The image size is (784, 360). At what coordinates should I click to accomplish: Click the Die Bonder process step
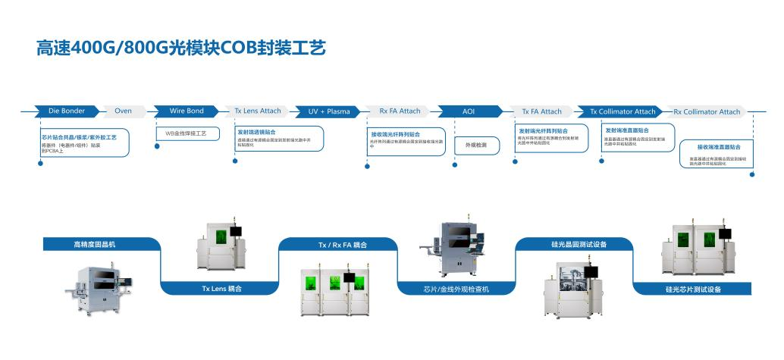click(x=67, y=111)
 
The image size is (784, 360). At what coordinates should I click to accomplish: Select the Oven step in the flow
click(x=123, y=111)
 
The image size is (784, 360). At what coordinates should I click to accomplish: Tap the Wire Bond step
click(x=187, y=111)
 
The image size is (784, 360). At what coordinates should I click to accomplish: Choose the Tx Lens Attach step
click(x=258, y=111)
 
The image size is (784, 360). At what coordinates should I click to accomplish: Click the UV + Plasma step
click(x=329, y=111)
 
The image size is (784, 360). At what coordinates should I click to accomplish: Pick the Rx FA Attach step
click(x=400, y=111)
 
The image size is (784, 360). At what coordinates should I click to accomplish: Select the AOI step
click(x=469, y=111)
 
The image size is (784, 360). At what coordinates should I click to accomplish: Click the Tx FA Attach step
click(x=541, y=111)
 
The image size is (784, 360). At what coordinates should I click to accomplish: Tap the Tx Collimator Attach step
click(x=622, y=111)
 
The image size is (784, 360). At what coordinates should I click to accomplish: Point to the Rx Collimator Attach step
click(x=707, y=111)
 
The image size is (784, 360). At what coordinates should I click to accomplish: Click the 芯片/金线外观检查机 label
click(x=456, y=289)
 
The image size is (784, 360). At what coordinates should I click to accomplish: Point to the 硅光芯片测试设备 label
click(x=693, y=289)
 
